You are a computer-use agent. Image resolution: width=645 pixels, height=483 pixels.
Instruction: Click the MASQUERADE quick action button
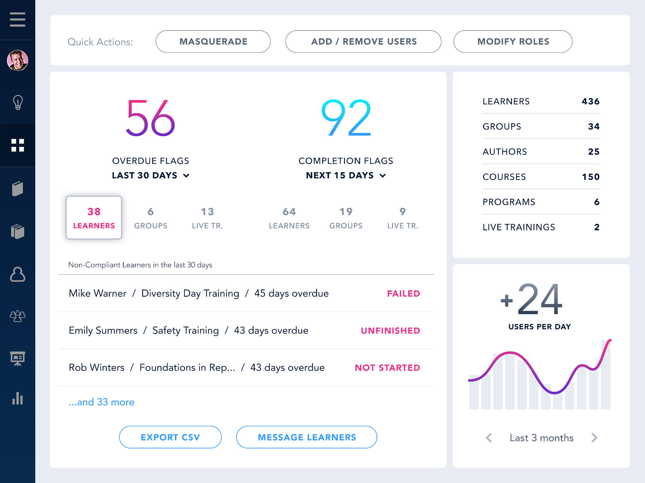pyautogui.click(x=213, y=42)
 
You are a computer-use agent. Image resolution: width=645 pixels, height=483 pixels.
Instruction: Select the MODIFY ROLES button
pyautogui.click(x=513, y=42)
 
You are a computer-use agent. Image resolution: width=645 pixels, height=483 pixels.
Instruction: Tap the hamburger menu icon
pyautogui.click(x=17, y=19)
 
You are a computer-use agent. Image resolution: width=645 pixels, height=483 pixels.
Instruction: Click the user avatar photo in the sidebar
pyautogui.click(x=17, y=61)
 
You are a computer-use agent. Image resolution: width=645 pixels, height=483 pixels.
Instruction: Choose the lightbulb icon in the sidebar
pyautogui.click(x=17, y=102)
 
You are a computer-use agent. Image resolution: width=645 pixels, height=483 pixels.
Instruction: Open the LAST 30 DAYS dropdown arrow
pyautogui.click(x=186, y=176)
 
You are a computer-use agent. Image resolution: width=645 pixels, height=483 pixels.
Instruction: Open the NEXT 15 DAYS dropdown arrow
pyautogui.click(x=383, y=176)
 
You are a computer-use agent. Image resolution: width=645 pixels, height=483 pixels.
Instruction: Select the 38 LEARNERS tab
pyautogui.click(x=94, y=218)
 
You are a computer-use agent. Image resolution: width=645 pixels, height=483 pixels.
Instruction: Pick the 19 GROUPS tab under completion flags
pyautogui.click(x=346, y=218)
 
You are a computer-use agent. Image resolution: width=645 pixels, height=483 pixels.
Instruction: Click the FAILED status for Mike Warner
pyautogui.click(x=403, y=294)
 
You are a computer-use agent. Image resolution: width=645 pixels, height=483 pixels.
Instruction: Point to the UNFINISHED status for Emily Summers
pyautogui.click(x=390, y=331)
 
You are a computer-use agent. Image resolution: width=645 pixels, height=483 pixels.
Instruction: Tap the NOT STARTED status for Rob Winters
pyautogui.click(x=387, y=368)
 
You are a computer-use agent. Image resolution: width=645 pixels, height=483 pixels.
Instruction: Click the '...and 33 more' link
pyautogui.click(x=101, y=402)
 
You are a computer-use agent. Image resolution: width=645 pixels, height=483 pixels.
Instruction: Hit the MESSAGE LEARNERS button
pyautogui.click(x=306, y=437)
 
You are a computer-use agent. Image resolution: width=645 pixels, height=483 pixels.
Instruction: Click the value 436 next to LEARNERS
pyautogui.click(x=590, y=101)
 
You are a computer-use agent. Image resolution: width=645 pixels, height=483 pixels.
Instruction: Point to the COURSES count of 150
pyautogui.click(x=590, y=177)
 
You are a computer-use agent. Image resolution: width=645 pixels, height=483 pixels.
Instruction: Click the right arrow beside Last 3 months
pyautogui.click(x=594, y=438)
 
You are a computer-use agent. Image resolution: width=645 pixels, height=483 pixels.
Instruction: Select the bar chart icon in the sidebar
pyautogui.click(x=17, y=398)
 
